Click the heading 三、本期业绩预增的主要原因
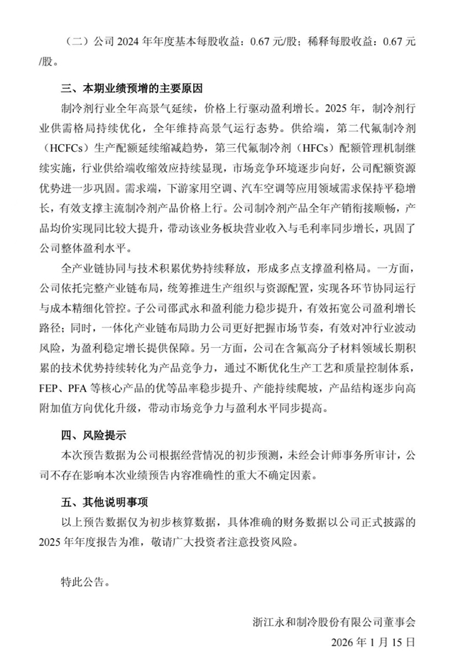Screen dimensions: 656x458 coord(131,91)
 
